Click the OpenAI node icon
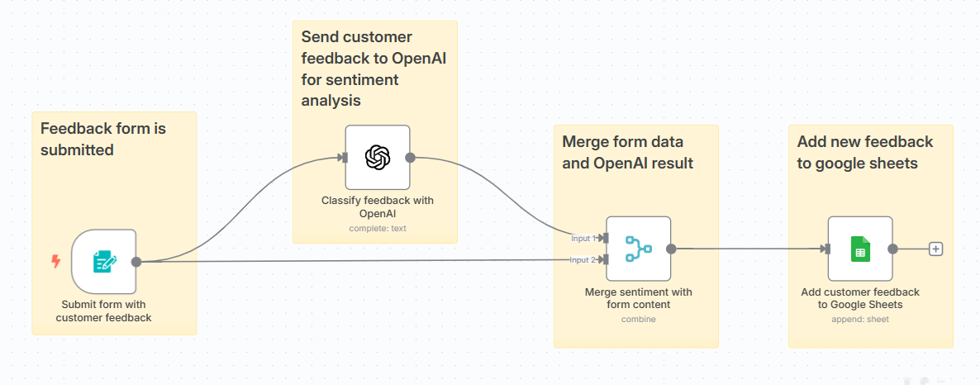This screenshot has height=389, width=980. (378, 157)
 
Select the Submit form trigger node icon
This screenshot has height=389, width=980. (104, 262)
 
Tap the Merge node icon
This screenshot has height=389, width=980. (638, 249)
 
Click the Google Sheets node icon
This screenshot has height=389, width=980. (860, 249)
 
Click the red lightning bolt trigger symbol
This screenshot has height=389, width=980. (56, 262)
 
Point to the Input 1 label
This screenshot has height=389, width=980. (582, 239)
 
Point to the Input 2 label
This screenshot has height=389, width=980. (582, 260)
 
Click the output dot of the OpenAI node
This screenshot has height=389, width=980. (410, 157)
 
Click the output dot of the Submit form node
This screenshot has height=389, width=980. (136, 262)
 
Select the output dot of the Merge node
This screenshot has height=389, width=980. (671, 249)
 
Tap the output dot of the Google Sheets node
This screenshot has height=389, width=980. (892, 249)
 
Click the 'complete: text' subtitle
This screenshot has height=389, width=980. (377, 229)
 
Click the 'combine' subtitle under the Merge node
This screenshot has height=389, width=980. (638, 320)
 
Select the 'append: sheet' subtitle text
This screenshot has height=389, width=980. (859, 320)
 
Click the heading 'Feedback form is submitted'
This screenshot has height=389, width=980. (103, 139)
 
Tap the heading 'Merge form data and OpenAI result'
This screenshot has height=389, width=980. (628, 152)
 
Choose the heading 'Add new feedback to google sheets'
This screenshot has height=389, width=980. (864, 152)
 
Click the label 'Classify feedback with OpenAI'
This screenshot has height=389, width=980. (377, 206)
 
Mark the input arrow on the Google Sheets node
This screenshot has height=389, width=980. (825, 249)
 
